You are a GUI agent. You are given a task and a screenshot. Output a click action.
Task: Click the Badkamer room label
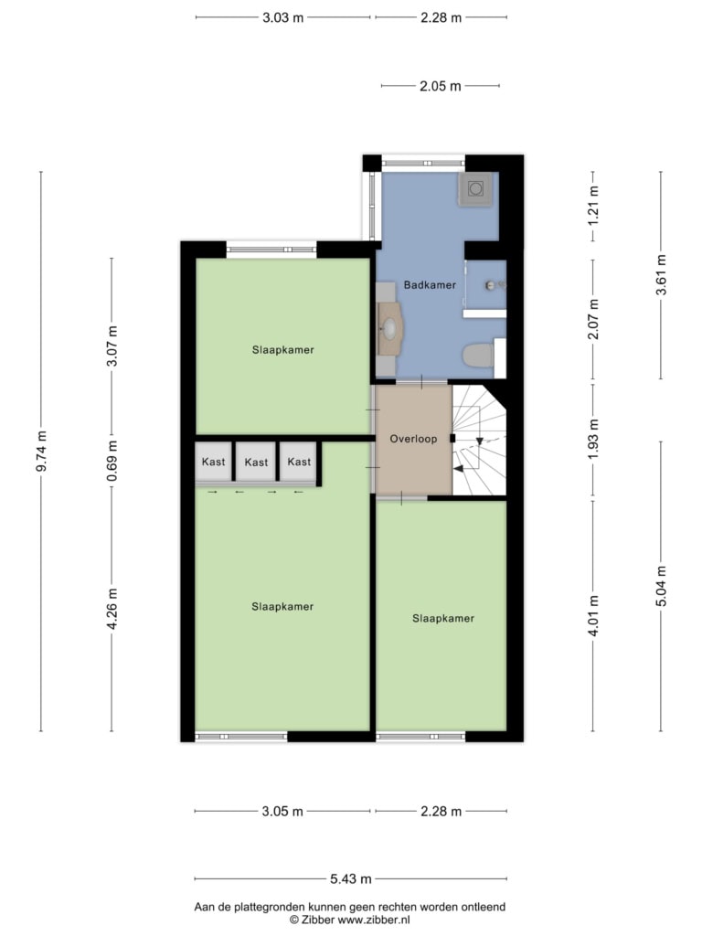pyautogui.click(x=430, y=285)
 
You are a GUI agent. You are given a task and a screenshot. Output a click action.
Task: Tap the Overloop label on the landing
pyautogui.click(x=413, y=439)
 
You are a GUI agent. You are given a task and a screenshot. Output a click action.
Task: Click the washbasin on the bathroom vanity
pyautogui.click(x=389, y=328)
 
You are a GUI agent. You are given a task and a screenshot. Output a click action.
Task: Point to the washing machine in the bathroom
pyautogui.click(x=475, y=188)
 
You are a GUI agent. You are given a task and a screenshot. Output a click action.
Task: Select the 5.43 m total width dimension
pyautogui.click(x=351, y=878)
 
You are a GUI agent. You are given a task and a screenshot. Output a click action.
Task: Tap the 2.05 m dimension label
pyautogui.click(x=441, y=86)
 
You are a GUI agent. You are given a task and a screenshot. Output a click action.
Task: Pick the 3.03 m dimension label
pyautogui.click(x=283, y=17)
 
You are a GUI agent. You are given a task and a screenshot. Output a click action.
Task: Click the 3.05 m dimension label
pyautogui.click(x=282, y=812)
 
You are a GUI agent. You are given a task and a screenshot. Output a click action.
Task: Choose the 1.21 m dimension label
pyautogui.click(x=593, y=206)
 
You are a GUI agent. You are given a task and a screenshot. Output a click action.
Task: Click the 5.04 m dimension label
pyautogui.click(x=661, y=586)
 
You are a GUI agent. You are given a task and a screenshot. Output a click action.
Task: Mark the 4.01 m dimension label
pyautogui.click(x=593, y=615)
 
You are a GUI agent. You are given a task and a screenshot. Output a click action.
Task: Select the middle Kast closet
pyautogui.click(x=256, y=462)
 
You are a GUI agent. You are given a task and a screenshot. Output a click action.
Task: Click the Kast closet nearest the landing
pyautogui.click(x=299, y=462)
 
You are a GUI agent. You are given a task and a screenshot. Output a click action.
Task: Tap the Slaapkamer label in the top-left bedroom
pyautogui.click(x=283, y=350)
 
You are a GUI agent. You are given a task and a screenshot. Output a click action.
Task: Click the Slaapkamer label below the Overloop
pyautogui.click(x=443, y=619)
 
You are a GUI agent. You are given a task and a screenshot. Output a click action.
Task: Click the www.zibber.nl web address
pyautogui.click(x=374, y=920)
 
